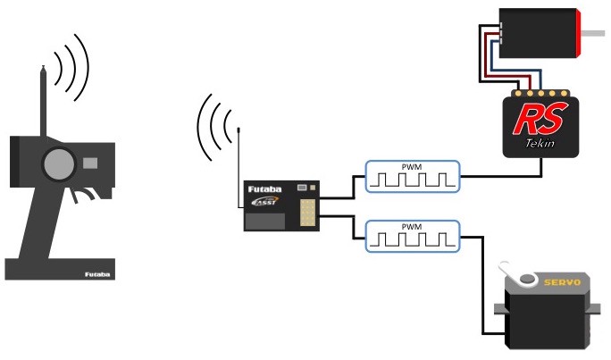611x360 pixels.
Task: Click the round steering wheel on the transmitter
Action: (56, 163)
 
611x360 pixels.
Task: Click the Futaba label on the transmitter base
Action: (96, 275)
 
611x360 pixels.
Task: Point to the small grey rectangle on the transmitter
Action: (89, 163)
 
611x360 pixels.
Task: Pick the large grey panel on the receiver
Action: (265, 222)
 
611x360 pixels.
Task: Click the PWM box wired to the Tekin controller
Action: (413, 176)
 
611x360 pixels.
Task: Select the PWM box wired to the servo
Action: (413, 236)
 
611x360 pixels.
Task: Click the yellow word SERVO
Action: (563, 282)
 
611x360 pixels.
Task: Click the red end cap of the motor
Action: (579, 33)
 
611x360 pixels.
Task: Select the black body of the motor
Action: (536, 33)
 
